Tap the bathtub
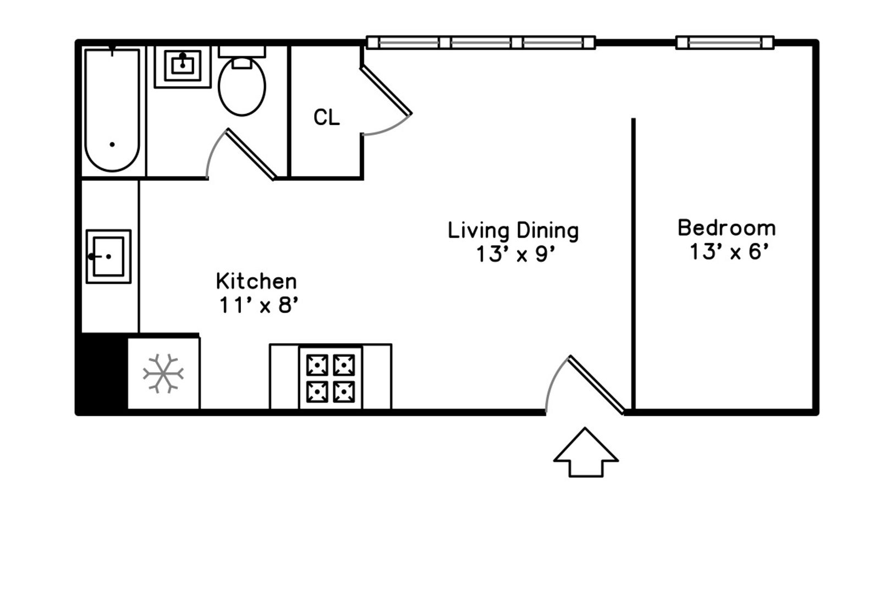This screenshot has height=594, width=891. pos(112,110)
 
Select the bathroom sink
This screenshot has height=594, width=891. pos(183,67)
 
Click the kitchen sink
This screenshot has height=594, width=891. pos(108,257)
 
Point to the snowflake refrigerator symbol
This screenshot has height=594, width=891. pos(163,374)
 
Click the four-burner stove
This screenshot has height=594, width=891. pos(331,378)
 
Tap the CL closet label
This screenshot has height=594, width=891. pos(327,117)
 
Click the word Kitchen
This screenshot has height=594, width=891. pos(256,281)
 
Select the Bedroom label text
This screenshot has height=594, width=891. pos(727,228)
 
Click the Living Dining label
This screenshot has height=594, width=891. pos(513,231)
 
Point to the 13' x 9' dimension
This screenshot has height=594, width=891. pos(515,254)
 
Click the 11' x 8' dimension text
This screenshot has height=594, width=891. pos(258,305)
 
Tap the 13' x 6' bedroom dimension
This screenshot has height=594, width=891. pos(729,251)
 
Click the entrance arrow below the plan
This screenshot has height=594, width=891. pos(586,452)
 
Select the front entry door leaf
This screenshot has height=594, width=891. pos(596,385)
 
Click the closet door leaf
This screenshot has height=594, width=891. pos(386,90)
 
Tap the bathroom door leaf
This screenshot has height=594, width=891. pos(251,154)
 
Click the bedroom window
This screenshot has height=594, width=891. pos(725,42)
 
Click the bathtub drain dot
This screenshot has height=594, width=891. pos(112,145)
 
